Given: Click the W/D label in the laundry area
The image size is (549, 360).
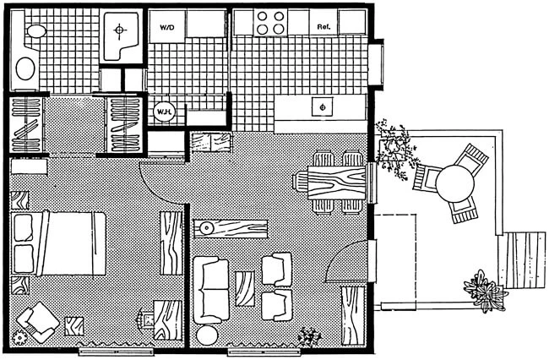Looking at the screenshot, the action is [x=167, y=27].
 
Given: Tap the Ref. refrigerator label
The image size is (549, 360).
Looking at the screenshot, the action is [x=323, y=26].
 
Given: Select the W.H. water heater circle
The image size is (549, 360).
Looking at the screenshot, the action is [x=164, y=112].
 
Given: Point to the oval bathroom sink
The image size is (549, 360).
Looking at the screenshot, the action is [x=26, y=68].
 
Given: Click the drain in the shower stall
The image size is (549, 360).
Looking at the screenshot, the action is [x=120, y=30].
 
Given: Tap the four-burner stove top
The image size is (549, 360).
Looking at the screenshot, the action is [x=270, y=23].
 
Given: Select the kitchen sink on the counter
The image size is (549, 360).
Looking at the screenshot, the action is [x=323, y=106].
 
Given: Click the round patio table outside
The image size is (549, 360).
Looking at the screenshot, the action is [x=454, y=183].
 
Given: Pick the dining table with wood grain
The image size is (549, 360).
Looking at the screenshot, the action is [x=337, y=183].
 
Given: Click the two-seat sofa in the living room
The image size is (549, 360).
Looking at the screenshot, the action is [x=211, y=290].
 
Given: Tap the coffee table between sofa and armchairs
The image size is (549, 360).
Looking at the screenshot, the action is [x=245, y=289].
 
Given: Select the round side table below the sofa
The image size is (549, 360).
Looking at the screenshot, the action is [x=207, y=335].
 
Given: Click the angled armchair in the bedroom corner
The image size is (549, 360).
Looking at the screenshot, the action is [x=38, y=322].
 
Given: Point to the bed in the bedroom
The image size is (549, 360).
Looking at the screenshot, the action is [x=58, y=243].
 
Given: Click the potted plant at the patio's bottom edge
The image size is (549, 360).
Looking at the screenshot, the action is [x=486, y=292].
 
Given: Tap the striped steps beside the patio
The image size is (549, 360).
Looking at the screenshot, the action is [x=522, y=259].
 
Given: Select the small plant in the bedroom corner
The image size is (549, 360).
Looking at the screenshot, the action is [x=19, y=337].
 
